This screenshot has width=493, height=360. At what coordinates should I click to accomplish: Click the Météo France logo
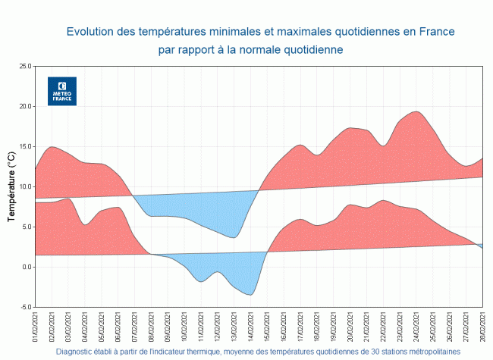pos(62,91)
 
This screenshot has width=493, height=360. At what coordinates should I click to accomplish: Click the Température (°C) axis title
pos(11,186)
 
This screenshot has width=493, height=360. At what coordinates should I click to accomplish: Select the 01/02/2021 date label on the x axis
pos(36,327)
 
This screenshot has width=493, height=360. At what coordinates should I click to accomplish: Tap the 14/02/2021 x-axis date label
pos(251,327)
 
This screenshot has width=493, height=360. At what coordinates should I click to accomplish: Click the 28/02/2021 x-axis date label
pos(482,327)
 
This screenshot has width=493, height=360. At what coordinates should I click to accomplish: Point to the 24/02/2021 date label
pos(416,327)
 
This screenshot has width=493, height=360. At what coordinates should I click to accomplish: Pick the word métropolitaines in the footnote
pos(432,352)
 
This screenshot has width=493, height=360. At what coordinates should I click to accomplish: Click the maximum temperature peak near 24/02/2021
pos(416,111)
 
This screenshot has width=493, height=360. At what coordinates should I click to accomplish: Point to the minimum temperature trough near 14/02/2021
pos(250,294)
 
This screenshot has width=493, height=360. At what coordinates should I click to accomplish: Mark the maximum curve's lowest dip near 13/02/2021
pos(234,237)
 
